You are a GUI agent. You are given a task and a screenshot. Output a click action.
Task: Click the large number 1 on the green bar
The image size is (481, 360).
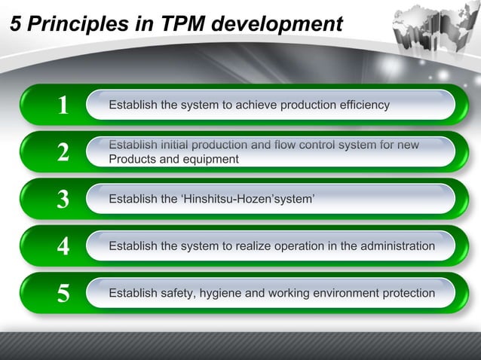pyautogui.click(x=64, y=105)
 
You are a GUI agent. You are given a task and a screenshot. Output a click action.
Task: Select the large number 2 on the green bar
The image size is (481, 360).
pyautogui.click(x=64, y=153)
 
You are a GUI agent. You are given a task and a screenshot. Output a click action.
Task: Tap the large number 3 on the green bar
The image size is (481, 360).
pyautogui.click(x=64, y=200)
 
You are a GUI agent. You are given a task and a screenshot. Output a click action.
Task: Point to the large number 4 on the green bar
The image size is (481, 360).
pyautogui.click(x=64, y=246)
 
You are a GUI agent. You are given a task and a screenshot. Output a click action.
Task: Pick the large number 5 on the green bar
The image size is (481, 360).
pyautogui.click(x=64, y=294)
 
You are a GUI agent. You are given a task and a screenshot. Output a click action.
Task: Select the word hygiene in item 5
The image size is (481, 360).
pyautogui.click(x=218, y=292)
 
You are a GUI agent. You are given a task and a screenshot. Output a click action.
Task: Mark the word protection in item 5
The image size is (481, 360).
pyautogui.click(x=407, y=292)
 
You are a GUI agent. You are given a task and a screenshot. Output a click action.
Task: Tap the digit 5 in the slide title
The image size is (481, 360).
pyautogui.click(x=14, y=25)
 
